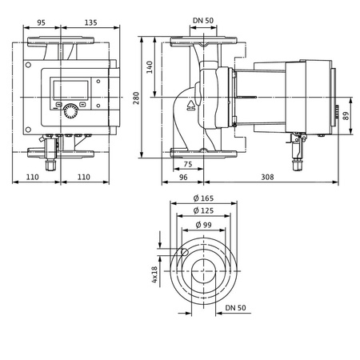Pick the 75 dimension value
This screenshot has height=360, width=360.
pyautogui.click(x=186, y=163)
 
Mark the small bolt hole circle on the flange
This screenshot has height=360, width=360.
pyautogui.click(x=185, y=254)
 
